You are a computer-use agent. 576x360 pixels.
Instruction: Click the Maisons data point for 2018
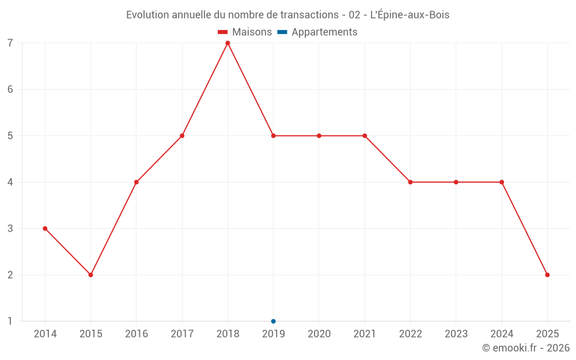coord(228,43)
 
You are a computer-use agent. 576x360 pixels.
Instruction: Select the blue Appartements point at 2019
coord(273,321)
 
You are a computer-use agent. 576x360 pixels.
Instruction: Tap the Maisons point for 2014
coord(45,229)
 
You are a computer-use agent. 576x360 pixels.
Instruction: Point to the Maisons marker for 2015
coord(90,275)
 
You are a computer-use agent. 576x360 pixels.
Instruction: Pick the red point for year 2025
coord(547,275)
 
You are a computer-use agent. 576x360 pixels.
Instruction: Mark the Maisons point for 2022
coord(410,182)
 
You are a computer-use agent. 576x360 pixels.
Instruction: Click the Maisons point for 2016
coord(137,182)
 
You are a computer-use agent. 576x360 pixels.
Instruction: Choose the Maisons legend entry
coord(245,32)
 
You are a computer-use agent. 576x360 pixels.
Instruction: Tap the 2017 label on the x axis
coord(182,334)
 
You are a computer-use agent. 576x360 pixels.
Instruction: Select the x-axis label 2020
coord(319,334)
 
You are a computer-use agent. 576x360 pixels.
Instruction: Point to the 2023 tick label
coord(456,334)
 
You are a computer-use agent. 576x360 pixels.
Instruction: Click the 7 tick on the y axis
coord(10,43)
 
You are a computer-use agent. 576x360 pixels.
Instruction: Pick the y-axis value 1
coord(10,321)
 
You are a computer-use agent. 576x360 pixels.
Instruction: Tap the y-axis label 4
coord(10,182)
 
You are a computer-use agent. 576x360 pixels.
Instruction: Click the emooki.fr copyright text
coord(526,348)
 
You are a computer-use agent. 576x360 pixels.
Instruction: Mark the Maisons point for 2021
coord(365,136)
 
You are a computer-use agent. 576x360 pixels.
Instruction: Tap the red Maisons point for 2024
coord(502,182)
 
